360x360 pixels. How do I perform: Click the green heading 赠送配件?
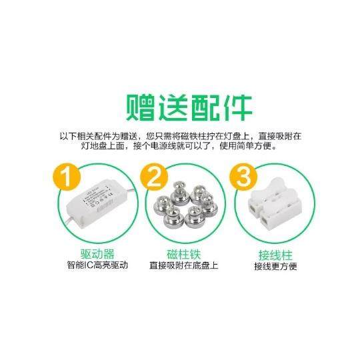[x=180, y=107]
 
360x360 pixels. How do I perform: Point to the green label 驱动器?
[x=96, y=254]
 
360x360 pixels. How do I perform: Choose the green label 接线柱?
[x=275, y=255]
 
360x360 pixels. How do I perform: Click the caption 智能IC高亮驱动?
[x=96, y=265]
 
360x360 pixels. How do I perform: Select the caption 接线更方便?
[x=275, y=266]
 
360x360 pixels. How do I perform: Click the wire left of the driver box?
[x=69, y=217]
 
